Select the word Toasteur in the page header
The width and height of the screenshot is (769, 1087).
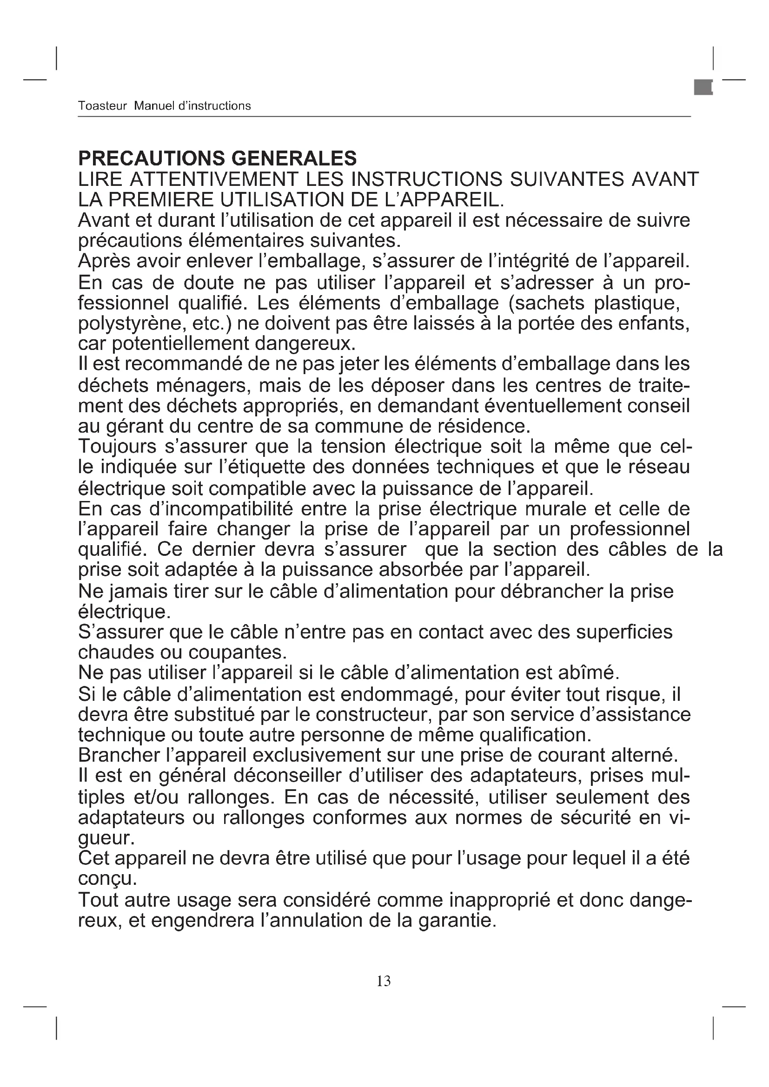pyautogui.click(x=102, y=105)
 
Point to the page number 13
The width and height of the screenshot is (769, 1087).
pyautogui.click(x=384, y=982)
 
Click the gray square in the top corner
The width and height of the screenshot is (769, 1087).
pyautogui.click(x=703, y=87)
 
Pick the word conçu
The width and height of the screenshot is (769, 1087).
pyautogui.click(x=107, y=880)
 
